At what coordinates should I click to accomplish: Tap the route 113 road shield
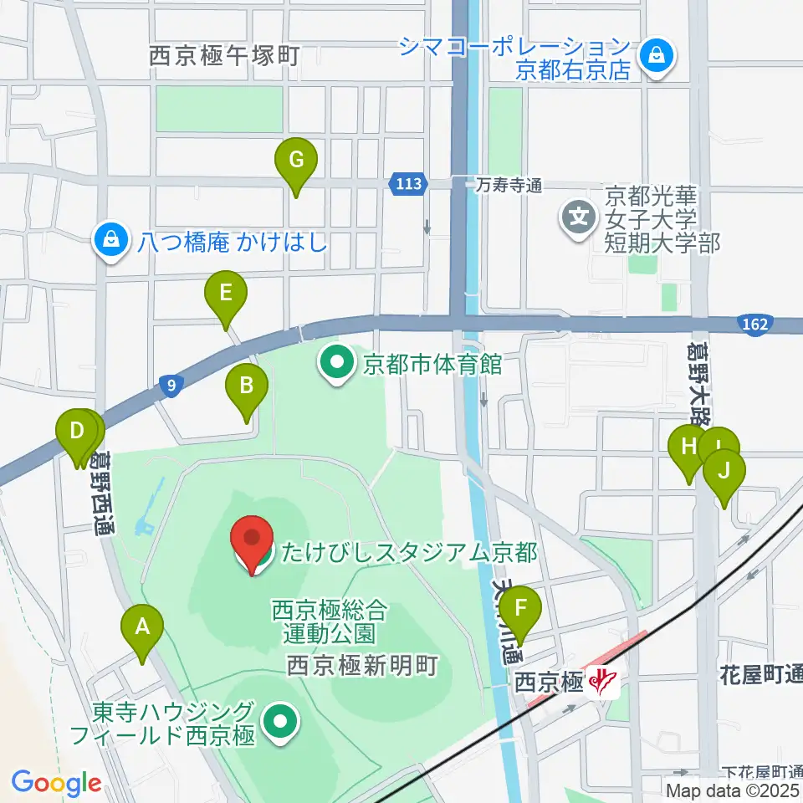[408, 183]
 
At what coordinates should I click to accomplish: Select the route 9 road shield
[171, 385]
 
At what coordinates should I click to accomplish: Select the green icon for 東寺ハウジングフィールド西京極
[279, 724]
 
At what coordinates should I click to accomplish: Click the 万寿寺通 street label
[511, 185]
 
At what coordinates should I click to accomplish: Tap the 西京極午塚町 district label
[223, 57]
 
